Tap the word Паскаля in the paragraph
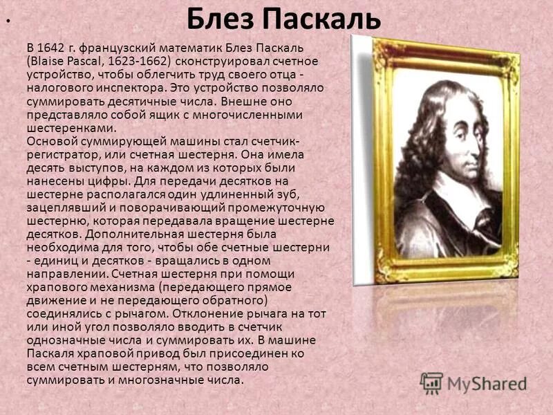(50, 354)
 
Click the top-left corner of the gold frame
(377, 40)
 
